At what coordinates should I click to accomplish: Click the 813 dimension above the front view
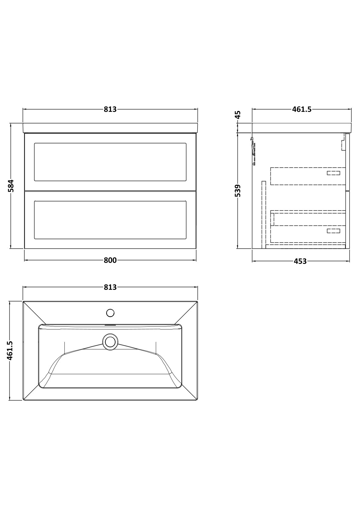click(x=110, y=109)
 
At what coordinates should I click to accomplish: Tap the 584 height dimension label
click(x=11, y=186)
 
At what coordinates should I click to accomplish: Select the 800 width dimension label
click(x=110, y=260)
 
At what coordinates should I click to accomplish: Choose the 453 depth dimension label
click(x=300, y=261)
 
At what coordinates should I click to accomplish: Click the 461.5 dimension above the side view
click(x=302, y=109)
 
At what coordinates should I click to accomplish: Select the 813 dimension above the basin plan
click(x=110, y=287)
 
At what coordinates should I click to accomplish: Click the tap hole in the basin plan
click(x=110, y=313)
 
